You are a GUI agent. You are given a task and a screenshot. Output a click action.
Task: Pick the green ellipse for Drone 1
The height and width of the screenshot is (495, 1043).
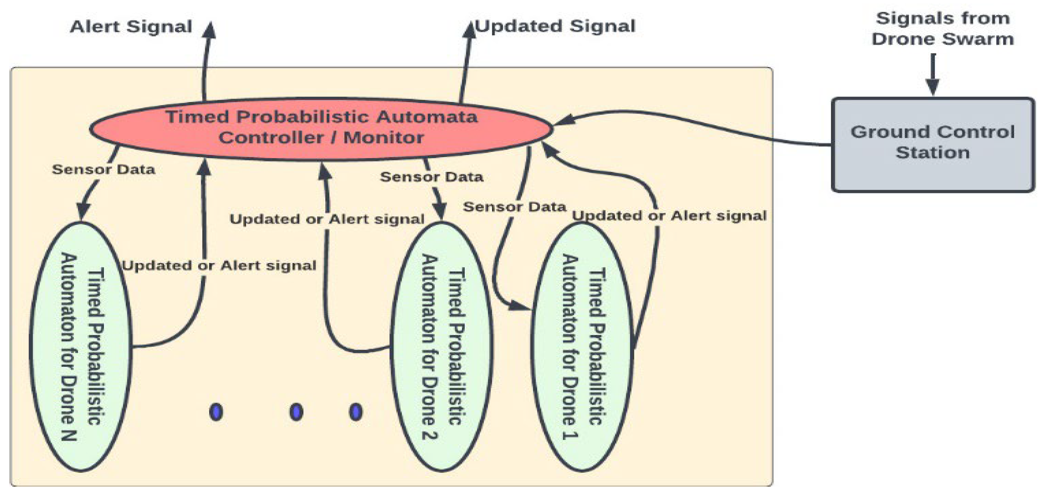(582, 346)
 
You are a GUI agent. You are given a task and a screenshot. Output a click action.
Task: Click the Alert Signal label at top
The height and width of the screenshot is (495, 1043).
(131, 27)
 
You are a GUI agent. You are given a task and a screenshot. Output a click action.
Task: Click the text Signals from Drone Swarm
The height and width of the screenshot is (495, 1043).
(942, 29)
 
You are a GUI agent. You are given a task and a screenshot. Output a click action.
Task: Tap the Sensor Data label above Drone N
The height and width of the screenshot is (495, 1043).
(103, 169)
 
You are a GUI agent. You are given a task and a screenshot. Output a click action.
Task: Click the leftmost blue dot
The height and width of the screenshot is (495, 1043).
(216, 412)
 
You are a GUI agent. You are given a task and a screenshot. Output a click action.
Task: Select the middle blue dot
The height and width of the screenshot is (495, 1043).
(296, 412)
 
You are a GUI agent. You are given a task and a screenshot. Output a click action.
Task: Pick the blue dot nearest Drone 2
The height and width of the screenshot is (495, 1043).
(356, 412)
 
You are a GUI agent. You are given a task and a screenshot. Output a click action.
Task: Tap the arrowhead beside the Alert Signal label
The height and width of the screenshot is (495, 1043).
(209, 30)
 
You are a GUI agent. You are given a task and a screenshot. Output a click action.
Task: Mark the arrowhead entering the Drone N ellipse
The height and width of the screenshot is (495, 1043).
(83, 211)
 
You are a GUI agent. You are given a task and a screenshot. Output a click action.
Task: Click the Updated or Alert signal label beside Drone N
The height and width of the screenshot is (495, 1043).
(219, 266)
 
